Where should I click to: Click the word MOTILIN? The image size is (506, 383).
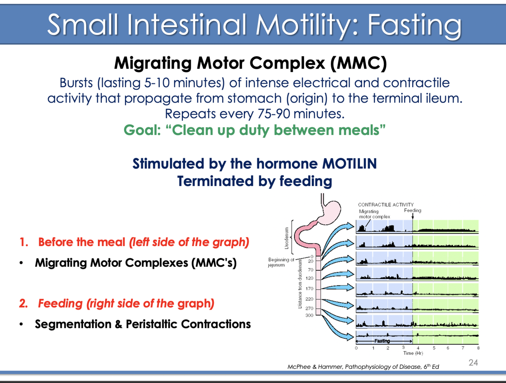(349, 163)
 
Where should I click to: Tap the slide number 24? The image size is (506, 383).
(473, 363)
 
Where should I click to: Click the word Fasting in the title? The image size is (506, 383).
(414, 25)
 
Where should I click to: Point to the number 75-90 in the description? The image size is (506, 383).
(273, 113)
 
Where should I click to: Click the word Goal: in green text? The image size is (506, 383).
(142, 130)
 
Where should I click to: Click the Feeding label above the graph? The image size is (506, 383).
(413, 210)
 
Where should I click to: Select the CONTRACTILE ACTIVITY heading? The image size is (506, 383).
(386, 205)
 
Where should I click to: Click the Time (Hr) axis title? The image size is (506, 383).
(413, 353)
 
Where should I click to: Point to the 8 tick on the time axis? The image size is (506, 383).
(478, 348)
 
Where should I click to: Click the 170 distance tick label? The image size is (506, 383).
(310, 289)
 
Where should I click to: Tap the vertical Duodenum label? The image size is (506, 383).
(286, 238)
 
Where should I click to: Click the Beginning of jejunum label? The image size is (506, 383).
(281, 262)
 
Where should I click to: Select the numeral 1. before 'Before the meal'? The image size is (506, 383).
(24, 242)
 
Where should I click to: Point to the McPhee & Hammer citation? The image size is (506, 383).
(363, 367)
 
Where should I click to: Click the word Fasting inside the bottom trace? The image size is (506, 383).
(382, 341)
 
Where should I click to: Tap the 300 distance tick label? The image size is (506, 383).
(310, 315)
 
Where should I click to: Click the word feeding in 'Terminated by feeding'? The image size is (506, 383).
(306, 181)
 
